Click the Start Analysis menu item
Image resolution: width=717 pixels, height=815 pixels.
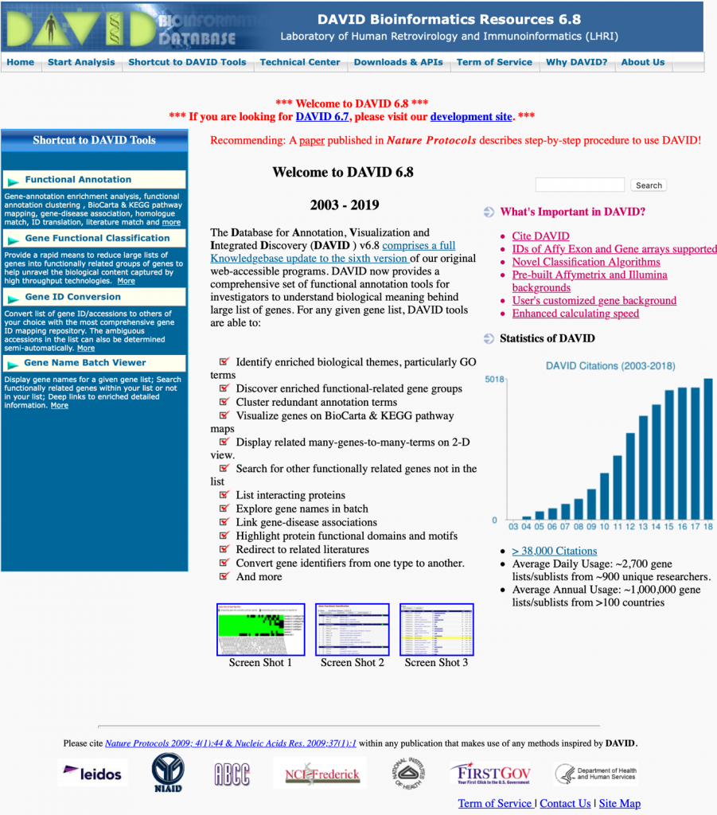[x=81, y=62]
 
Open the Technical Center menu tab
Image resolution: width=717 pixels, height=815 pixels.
[x=299, y=62]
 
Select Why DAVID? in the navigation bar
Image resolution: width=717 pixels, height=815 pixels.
[x=576, y=62]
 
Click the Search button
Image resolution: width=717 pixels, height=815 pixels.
[x=649, y=185]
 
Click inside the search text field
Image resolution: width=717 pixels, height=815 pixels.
[x=579, y=185]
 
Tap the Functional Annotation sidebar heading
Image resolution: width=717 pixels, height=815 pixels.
[x=78, y=180]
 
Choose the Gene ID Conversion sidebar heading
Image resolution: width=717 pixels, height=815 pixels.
[x=73, y=297]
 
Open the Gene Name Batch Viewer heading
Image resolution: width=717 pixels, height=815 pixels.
[x=85, y=363]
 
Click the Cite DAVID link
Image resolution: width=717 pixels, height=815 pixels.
[x=540, y=236]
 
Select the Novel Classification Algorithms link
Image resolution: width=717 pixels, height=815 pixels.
[x=586, y=262]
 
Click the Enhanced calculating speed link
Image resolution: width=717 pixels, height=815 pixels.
[x=575, y=314]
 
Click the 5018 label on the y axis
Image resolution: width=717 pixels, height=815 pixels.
[x=495, y=379]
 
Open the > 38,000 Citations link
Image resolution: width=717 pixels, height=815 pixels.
[x=554, y=551]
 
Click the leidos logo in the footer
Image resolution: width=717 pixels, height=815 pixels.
[x=92, y=773]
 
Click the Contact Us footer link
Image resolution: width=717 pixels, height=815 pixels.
[x=565, y=803]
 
